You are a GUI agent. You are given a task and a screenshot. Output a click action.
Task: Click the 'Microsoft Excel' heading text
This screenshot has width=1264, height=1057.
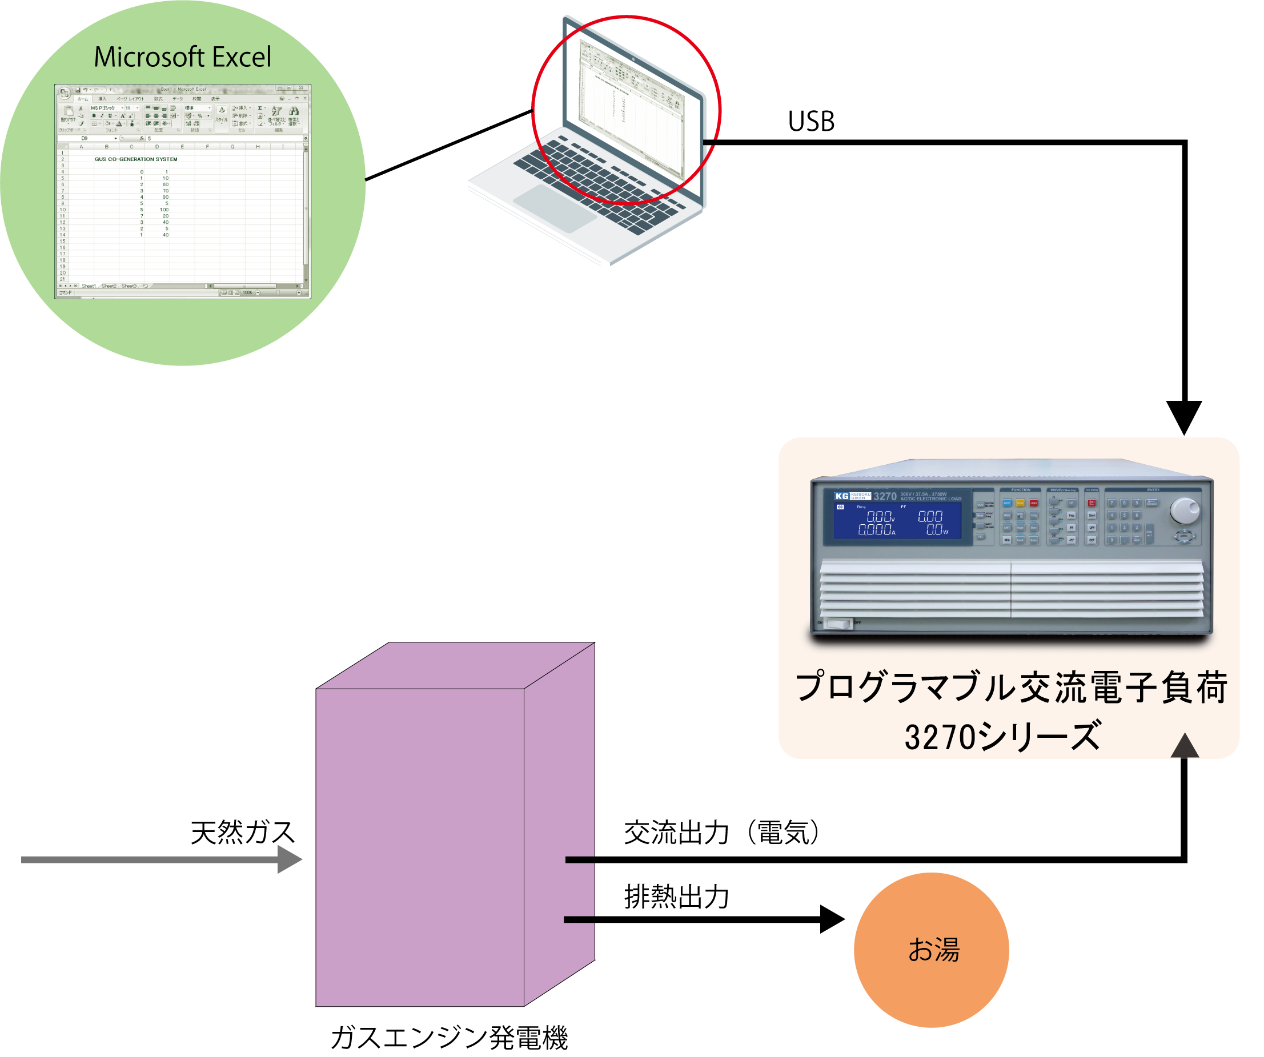point(182,57)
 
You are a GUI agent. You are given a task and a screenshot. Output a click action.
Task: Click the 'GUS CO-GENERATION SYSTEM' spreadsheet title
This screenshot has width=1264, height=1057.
point(136,159)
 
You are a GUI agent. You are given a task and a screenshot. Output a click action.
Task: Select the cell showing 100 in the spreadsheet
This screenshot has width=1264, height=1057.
point(164,210)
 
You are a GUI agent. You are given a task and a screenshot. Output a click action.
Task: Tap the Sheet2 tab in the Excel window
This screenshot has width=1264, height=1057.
point(109,286)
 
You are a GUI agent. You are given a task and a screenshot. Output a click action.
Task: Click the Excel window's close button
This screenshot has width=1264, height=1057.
point(302,88)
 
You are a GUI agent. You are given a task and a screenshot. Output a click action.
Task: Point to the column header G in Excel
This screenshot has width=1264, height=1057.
point(232,147)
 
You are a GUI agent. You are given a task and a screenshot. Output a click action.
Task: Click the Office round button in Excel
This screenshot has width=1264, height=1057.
point(65,93)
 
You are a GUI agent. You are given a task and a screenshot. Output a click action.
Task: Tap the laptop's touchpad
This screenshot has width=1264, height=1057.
point(554,208)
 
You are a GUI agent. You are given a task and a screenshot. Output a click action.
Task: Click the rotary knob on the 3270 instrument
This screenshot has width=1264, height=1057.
point(1183,511)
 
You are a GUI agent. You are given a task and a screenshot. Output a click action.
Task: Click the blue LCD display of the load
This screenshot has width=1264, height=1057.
point(897,521)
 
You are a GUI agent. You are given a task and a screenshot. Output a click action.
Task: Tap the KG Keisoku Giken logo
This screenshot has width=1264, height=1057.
point(852,496)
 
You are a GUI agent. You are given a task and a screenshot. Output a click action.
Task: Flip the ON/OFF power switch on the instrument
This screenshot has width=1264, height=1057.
point(838,624)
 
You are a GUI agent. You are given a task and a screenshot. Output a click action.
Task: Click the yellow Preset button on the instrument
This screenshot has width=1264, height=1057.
point(1020,503)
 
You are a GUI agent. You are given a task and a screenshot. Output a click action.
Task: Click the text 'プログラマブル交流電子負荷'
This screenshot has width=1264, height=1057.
point(1010,688)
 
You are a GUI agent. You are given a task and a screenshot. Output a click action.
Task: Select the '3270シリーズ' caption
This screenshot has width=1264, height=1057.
point(1002,736)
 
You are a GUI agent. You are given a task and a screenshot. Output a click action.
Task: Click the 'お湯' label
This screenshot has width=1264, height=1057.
point(933,949)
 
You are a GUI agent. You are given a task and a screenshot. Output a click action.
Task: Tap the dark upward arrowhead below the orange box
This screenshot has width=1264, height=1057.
point(1185,746)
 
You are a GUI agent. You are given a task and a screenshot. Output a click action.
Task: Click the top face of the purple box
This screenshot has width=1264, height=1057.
point(455,665)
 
